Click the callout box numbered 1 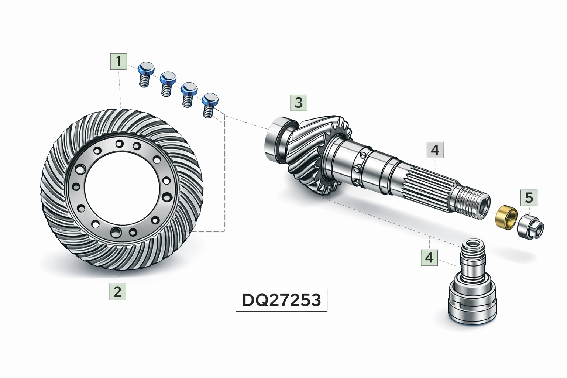118,61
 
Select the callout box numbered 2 117,292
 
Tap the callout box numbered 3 299,103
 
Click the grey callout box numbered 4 435,150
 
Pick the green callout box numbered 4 429,258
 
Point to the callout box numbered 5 529,197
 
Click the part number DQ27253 282,300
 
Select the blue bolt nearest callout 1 146,75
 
